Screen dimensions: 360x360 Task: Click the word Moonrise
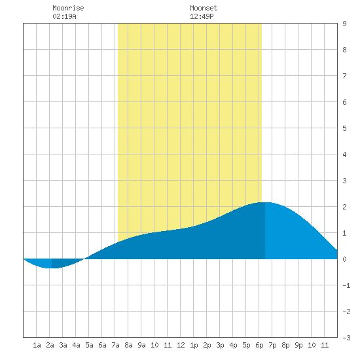[68, 8]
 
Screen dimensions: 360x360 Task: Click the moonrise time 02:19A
[64, 16]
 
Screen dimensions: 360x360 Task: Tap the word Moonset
[204, 8]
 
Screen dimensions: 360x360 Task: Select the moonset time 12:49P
[202, 16]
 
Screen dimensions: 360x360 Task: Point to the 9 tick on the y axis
[344, 24]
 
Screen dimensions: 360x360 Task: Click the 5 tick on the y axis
[344, 128]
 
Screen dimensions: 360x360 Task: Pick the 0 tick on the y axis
[344, 259]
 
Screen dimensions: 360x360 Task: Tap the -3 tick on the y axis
[346, 338]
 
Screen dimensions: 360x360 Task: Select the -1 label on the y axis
[346, 285]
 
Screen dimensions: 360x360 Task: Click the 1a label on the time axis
[37, 345]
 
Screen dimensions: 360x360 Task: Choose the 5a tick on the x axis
[89, 345]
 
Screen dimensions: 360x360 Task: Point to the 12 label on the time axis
[181, 345]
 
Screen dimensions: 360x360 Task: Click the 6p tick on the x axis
[259, 345]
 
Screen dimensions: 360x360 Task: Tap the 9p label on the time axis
[298, 345]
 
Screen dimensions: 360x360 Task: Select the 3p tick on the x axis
[220, 345]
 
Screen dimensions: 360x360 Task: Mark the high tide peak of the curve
[265, 202]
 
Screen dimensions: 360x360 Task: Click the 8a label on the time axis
[128, 345]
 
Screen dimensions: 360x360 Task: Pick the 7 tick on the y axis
[344, 76]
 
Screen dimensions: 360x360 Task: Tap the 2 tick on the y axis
[344, 207]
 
